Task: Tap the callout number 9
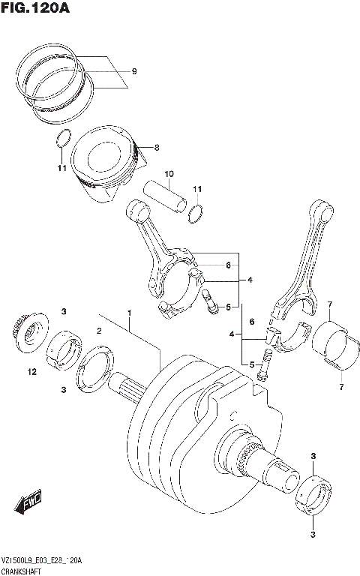pos(134,71)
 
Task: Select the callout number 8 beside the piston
pos(157,148)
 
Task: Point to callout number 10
pos(169,173)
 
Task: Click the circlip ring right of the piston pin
pos(196,212)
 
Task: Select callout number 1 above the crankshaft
pos(129,312)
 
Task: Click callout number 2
pos(97,330)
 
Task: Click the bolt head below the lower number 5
pos(262,372)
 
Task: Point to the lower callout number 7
pos(340,388)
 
